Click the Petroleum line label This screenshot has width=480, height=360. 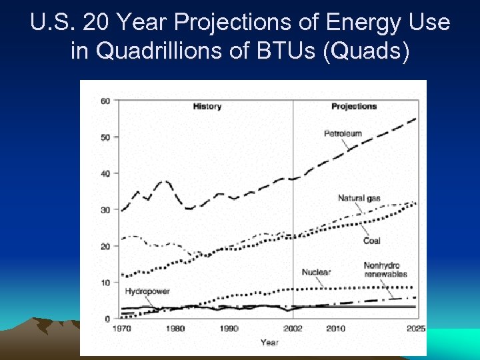click(x=343, y=133)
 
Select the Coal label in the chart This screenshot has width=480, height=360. click(x=372, y=241)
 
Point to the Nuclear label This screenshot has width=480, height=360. click(x=316, y=272)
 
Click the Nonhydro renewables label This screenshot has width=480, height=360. click(x=385, y=270)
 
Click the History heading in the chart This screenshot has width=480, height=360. click(x=207, y=106)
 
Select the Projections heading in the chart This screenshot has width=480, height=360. click(x=354, y=106)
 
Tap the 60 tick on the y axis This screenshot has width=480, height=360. click(x=105, y=101)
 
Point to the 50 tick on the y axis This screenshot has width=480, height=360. click(x=105, y=137)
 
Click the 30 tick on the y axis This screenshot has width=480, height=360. click(x=105, y=210)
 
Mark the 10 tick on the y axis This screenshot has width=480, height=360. click(x=105, y=283)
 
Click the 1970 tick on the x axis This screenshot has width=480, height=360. click(x=121, y=329)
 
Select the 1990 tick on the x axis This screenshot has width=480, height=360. click(x=229, y=329)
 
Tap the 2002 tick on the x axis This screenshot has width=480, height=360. click(x=293, y=329)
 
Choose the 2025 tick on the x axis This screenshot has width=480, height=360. click(x=417, y=329)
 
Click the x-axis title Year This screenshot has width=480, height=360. click(x=269, y=342)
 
